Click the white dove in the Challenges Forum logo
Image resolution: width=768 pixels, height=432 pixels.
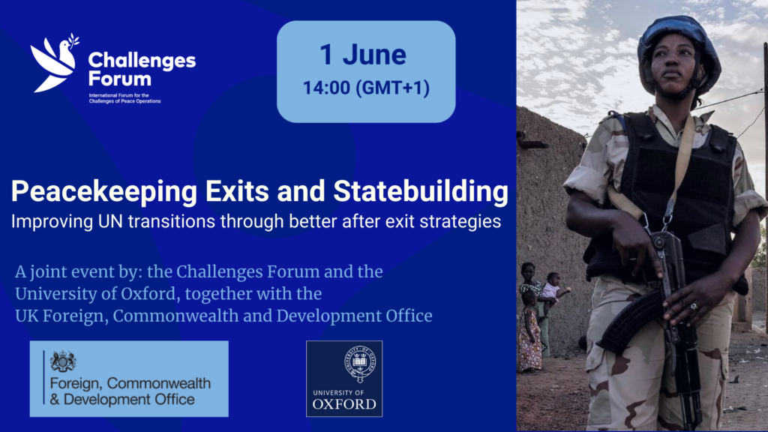tap(54, 63)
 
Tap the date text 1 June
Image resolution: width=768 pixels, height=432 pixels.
tap(363, 54)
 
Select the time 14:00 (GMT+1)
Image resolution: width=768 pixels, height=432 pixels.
tap(366, 88)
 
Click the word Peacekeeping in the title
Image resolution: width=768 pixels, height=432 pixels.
tap(103, 192)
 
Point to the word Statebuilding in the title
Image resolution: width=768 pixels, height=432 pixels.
tap(421, 190)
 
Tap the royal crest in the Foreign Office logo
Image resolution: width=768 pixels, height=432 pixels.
tap(63, 361)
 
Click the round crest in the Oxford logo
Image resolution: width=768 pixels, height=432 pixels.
tap(360, 364)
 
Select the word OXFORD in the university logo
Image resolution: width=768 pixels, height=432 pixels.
tap(344, 404)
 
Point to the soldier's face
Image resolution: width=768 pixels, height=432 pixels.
tap(674, 68)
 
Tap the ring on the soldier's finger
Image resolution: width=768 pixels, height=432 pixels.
tap(694, 307)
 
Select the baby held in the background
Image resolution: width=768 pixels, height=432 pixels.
tap(553, 289)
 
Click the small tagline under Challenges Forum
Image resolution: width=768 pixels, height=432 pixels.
tap(124, 98)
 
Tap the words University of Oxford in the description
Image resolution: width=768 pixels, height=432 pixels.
tap(95, 294)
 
